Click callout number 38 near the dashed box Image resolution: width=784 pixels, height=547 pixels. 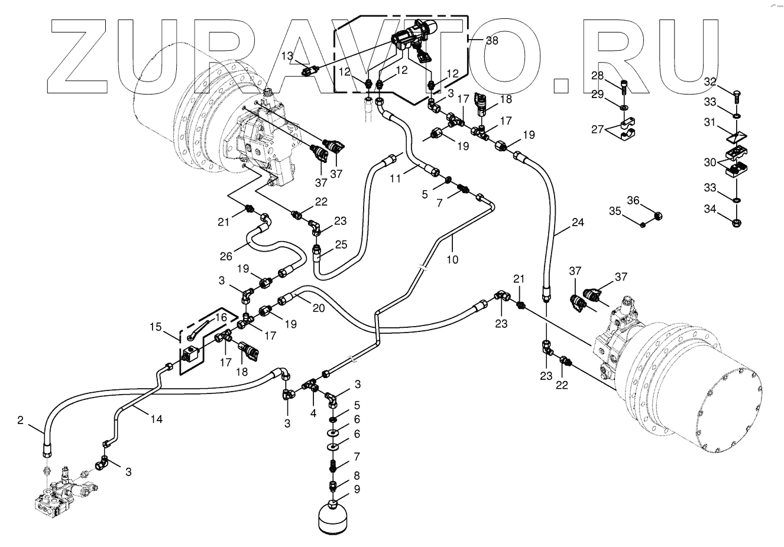coord(492,40)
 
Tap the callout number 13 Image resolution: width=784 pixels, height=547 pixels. coord(287,56)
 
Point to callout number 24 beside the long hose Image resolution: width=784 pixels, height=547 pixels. coord(578,223)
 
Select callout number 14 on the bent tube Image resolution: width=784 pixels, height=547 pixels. coord(156,419)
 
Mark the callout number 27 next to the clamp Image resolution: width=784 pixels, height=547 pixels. coord(598,129)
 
